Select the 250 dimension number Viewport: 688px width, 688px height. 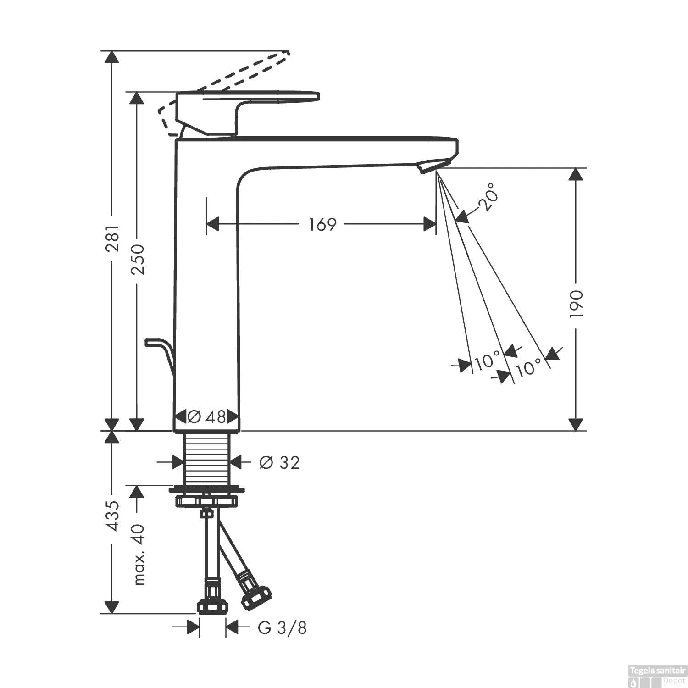[x=137, y=260]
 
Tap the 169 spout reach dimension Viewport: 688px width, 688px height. [x=322, y=224]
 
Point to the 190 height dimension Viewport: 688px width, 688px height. [x=576, y=304]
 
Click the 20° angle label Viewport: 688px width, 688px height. [x=488, y=197]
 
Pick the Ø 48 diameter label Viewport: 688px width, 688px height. [x=207, y=416]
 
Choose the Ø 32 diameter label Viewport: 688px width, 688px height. [x=279, y=462]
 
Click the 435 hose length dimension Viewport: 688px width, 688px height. [x=112, y=516]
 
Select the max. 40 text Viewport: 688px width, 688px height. [x=139, y=554]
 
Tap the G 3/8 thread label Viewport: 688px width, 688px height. [x=282, y=627]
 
